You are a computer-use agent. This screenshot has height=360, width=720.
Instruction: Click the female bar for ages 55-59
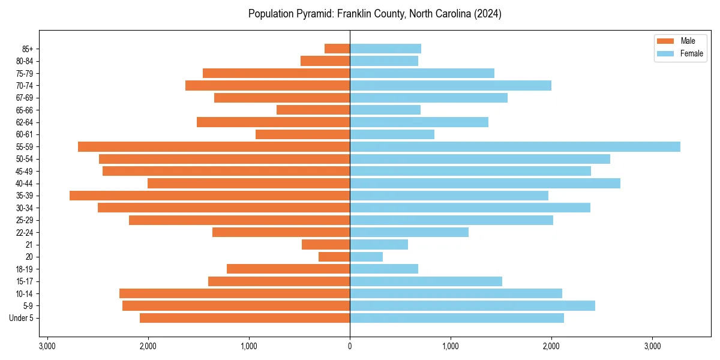point(515,146)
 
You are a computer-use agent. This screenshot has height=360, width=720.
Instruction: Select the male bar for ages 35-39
point(209,196)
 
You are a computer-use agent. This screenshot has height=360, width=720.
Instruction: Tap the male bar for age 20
point(334,257)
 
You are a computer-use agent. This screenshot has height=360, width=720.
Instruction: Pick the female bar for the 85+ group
point(385,49)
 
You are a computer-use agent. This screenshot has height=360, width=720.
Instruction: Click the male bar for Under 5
point(245,318)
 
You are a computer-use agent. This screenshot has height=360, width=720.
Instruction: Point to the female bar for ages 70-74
point(451,85)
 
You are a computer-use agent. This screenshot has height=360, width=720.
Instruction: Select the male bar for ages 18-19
point(288,269)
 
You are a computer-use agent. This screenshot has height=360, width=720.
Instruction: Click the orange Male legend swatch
point(666,41)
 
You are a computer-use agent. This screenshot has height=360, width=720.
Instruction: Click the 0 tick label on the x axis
point(350,346)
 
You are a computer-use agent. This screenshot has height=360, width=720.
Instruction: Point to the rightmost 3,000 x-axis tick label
point(652,346)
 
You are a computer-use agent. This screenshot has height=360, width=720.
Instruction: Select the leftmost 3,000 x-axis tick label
point(47,346)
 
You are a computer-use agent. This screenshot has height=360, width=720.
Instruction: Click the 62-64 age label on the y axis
point(25,122)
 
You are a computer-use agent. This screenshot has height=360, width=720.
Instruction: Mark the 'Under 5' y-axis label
point(22,318)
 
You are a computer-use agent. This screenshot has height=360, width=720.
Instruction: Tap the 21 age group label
point(29,244)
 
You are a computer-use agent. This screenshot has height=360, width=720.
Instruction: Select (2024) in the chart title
point(488,14)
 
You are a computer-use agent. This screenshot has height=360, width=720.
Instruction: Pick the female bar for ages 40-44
point(485,183)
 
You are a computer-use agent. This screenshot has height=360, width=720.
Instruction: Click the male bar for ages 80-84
point(325,61)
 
